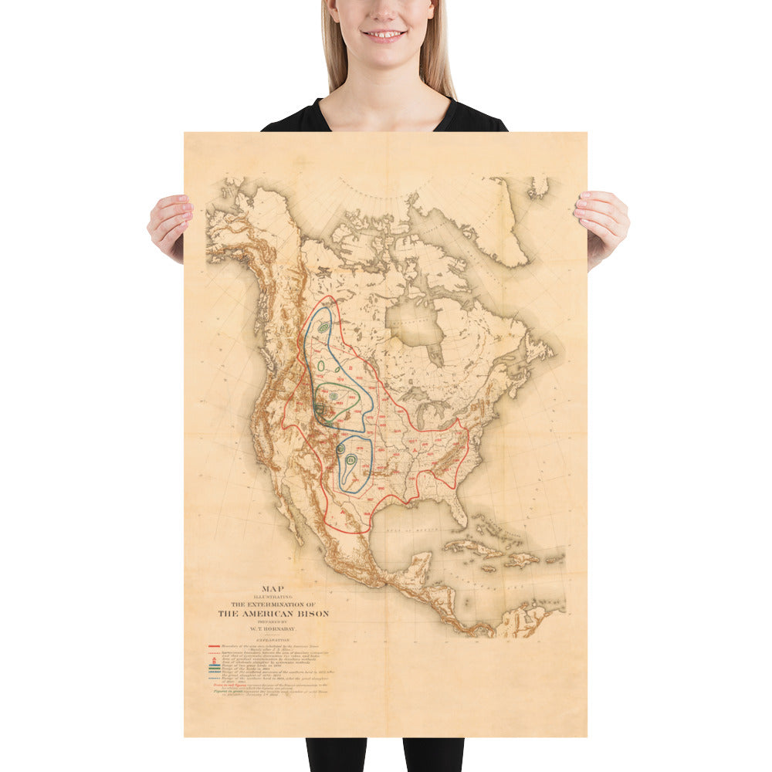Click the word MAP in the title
pos(272,588)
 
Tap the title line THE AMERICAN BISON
pos(273,614)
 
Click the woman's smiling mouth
pos(384,36)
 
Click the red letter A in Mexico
pos(337,509)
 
